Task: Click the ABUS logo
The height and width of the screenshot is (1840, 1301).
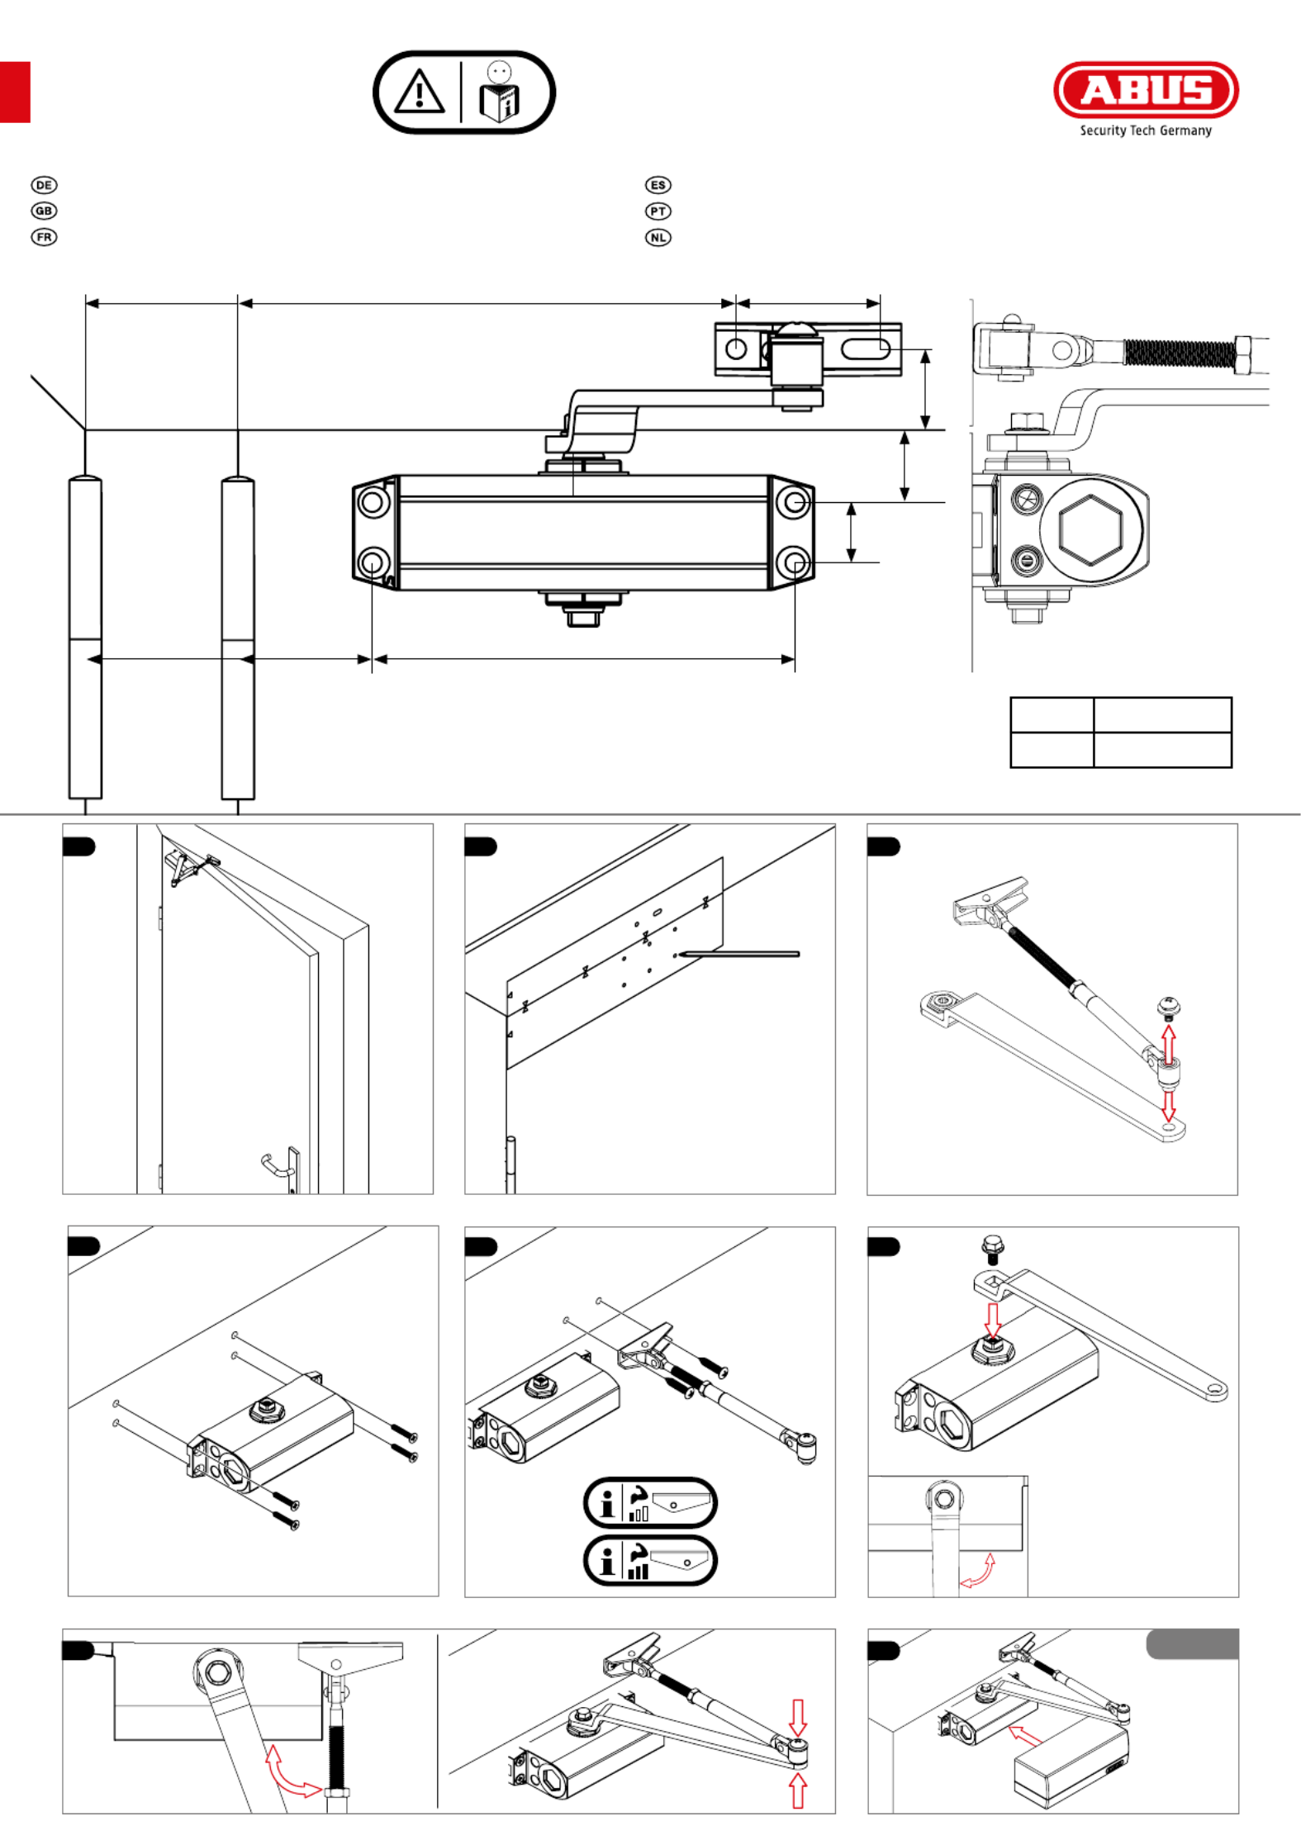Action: [x=1146, y=89]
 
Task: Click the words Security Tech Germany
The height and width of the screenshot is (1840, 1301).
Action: [x=1146, y=130]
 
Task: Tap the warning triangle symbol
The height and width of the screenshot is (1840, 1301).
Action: [x=420, y=92]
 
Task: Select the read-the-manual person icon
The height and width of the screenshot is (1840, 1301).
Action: [x=500, y=92]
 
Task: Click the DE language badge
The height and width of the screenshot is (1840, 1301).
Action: [x=44, y=185]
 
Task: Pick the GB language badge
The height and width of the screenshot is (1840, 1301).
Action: [x=44, y=211]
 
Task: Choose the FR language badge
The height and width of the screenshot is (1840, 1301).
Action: [x=44, y=237]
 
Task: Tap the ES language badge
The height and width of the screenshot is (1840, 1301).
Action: [x=658, y=185]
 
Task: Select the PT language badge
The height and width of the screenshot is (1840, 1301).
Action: [x=658, y=211]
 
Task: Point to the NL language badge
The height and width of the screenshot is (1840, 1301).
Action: [x=658, y=237]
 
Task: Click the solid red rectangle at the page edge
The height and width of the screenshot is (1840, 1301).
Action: [x=15, y=92]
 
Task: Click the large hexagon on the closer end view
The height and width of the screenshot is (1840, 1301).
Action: [x=1091, y=529]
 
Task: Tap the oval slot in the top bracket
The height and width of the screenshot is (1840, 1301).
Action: [x=865, y=349]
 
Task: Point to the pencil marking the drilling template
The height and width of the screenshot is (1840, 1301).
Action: [x=739, y=954]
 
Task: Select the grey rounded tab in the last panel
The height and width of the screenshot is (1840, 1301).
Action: [x=1192, y=1644]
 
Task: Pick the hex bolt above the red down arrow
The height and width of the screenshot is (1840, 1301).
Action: [x=992, y=1248]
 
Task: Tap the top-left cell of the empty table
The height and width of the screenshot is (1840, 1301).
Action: [x=1052, y=714]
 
